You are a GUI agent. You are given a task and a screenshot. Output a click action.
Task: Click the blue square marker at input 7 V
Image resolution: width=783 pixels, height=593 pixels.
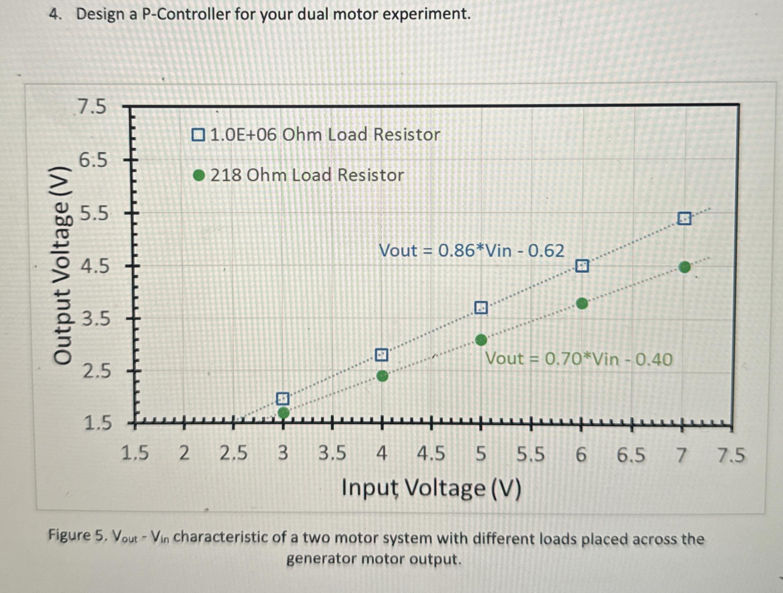tap(684, 219)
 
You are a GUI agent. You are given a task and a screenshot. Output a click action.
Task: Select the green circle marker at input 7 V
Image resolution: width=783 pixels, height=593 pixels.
tap(685, 267)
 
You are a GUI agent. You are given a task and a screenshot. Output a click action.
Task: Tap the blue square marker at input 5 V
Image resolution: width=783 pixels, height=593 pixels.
tap(481, 308)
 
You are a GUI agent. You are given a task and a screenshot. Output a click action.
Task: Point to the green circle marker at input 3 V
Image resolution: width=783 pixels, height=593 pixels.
tap(283, 412)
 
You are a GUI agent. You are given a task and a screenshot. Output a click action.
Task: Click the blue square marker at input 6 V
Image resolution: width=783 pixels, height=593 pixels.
tap(582, 266)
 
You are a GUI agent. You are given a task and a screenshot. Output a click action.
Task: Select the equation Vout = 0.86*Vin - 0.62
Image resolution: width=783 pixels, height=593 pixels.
tap(471, 251)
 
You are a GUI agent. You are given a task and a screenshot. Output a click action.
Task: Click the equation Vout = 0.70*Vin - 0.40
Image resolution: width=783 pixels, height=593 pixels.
tap(578, 359)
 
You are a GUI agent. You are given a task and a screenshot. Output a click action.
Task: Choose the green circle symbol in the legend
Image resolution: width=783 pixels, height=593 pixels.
tap(199, 175)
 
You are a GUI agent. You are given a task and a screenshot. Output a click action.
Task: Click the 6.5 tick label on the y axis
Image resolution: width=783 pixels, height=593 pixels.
tap(93, 161)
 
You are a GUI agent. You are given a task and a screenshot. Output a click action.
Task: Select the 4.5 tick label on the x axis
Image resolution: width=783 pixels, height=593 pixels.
tap(431, 454)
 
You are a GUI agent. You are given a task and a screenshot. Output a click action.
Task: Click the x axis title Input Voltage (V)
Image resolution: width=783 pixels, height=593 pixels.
tap(431, 489)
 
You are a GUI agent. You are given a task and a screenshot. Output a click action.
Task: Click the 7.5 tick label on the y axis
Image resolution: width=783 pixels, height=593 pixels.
tap(92, 107)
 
